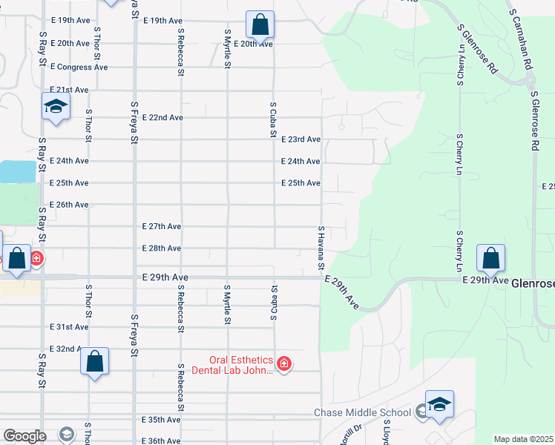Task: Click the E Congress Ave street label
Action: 79,67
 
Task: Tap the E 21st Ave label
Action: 69,90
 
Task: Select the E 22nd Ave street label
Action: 162,117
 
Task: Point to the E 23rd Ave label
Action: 301,139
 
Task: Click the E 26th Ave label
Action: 69,205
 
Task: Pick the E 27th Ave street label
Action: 162,226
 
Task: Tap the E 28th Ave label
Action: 162,248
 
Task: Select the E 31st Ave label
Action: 69,327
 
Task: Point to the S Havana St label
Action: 322,248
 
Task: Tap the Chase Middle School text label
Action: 362,413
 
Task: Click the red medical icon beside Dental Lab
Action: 284,363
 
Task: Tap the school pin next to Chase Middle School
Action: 440,404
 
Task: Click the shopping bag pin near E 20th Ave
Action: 260,25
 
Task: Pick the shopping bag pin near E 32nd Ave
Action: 94,362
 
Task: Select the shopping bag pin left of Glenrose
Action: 490,259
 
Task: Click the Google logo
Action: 25,436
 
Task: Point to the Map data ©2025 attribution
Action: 523,439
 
